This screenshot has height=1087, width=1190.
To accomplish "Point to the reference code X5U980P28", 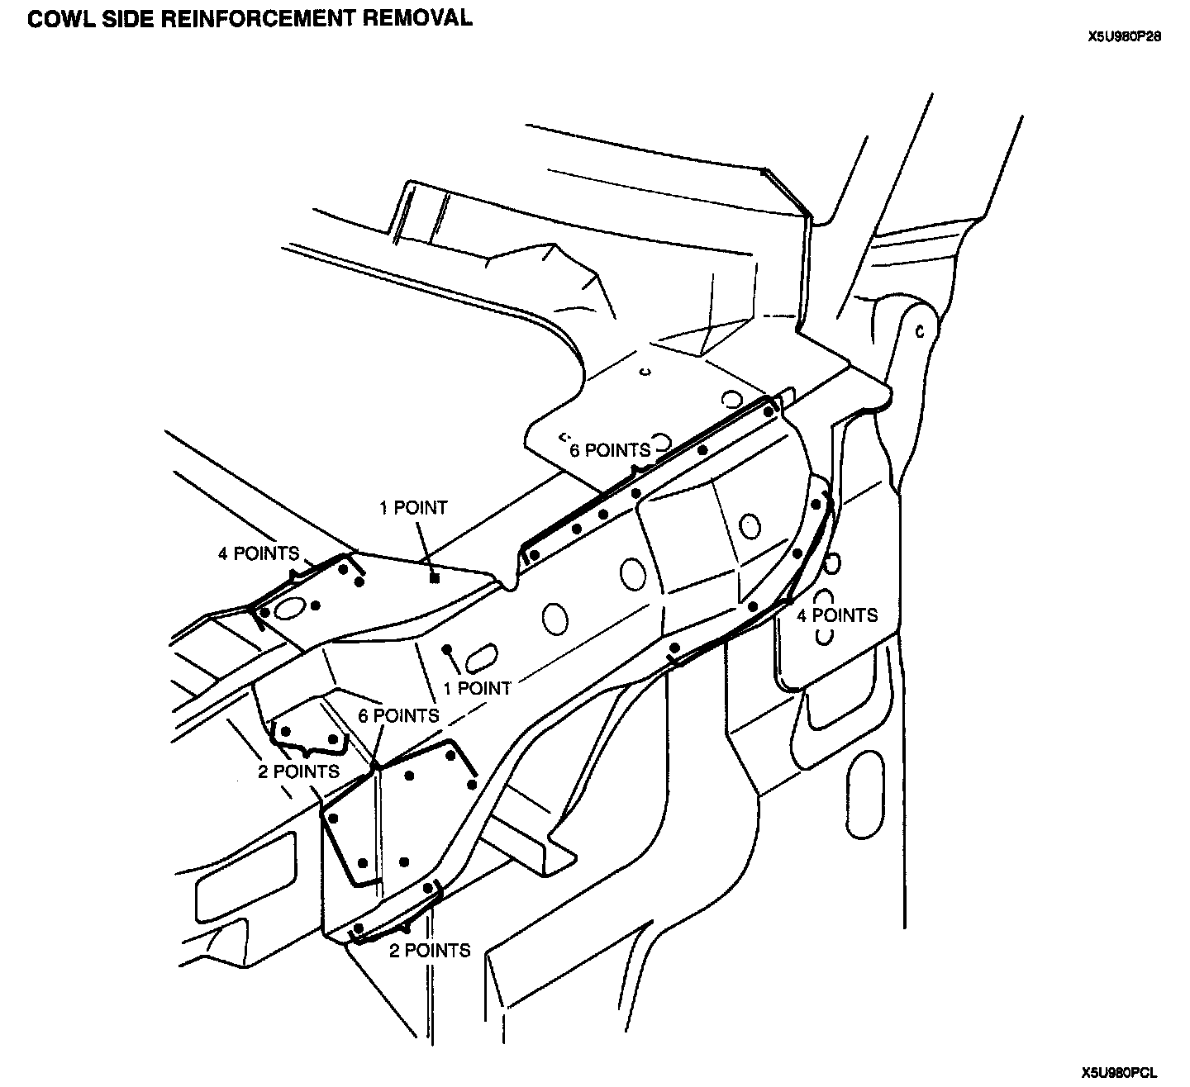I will [1125, 37].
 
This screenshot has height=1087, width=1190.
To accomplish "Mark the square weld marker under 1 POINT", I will [435, 578].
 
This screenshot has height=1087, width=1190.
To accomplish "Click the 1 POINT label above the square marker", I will [412, 508].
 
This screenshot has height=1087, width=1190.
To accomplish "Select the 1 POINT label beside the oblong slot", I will [477, 687].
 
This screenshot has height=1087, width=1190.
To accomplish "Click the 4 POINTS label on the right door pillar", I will [836, 615].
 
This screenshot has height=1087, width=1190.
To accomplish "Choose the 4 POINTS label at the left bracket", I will [258, 553].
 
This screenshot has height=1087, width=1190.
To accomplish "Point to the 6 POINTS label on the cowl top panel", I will [610, 450].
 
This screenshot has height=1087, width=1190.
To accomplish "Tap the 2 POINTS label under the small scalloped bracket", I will [298, 771].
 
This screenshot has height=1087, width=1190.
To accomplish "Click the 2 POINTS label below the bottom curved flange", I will [430, 951].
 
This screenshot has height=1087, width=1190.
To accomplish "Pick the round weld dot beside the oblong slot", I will [447, 648].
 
